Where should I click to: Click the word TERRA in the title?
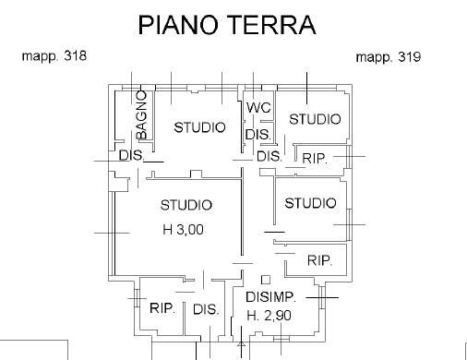[x=271, y=24]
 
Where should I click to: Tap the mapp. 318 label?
[x=54, y=56]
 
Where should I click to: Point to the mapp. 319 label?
[x=389, y=57]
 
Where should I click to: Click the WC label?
[x=258, y=108]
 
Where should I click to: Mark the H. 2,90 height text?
[x=269, y=316]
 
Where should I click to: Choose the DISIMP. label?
[x=270, y=297]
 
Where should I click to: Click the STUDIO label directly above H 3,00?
[x=186, y=205]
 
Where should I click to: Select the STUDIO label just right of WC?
[x=315, y=119]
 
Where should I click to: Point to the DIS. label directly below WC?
[x=257, y=135]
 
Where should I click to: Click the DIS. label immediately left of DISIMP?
[x=206, y=310]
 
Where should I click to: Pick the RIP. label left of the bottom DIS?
[x=162, y=308]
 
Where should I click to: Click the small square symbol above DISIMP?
[x=266, y=279]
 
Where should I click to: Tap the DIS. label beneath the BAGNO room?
[x=131, y=156]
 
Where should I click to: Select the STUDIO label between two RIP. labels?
[x=309, y=203]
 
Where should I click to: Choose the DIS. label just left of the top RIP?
[x=269, y=157]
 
